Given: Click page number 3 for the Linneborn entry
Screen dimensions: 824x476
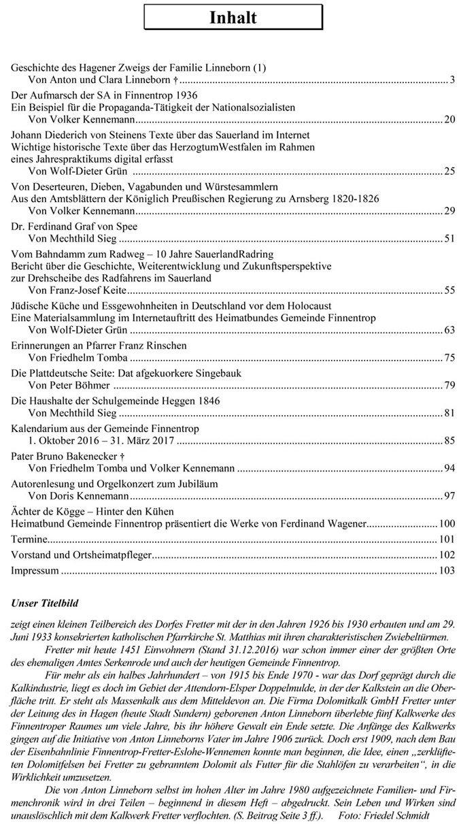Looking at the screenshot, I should click(x=452, y=80).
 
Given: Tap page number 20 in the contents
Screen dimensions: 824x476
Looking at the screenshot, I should click(x=449, y=119).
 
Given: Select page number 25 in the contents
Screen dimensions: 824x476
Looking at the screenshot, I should click(x=449, y=171).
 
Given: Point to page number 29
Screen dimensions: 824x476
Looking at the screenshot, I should click(x=449, y=210).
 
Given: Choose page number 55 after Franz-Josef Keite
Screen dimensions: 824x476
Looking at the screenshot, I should click(x=449, y=291).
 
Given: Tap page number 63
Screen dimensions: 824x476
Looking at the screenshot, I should click(x=449, y=330).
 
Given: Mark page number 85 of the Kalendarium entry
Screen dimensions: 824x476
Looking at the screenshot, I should click(x=449, y=442).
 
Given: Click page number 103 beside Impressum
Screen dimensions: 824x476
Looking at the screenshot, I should click(x=447, y=570).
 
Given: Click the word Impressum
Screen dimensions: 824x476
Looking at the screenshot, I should click(x=35, y=570).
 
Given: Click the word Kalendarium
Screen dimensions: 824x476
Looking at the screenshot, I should click(x=41, y=429).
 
